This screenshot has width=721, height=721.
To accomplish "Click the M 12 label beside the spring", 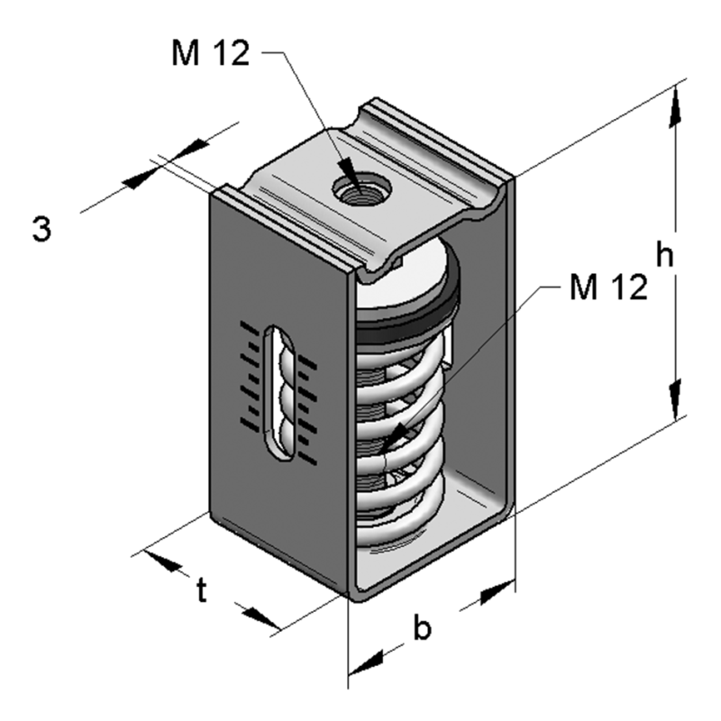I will coord(608,287).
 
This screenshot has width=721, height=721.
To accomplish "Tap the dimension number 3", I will coord(41,229).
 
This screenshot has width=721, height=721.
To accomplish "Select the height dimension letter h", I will coord(665,256).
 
